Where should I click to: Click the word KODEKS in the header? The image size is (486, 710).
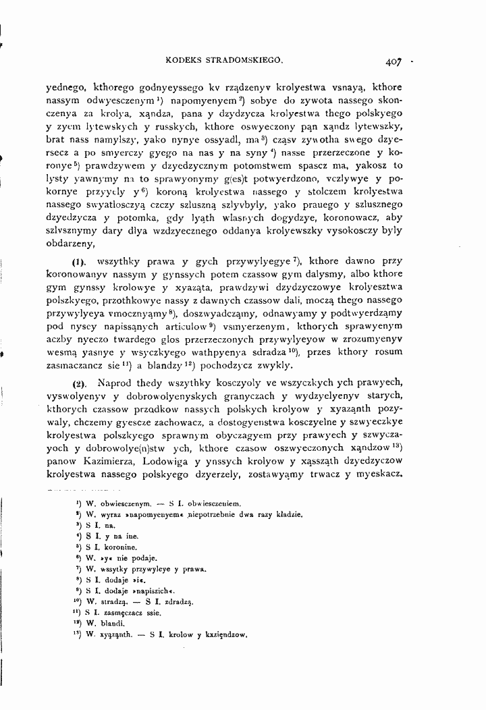188,59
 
